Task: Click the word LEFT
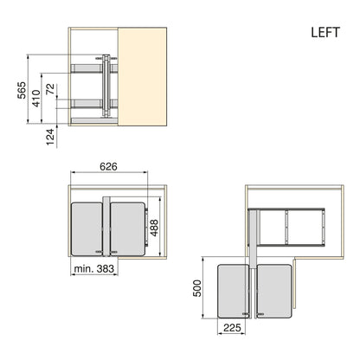tap(329, 33)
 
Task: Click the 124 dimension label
tap(51, 135)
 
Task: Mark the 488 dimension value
tap(155, 227)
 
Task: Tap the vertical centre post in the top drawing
tap(106, 87)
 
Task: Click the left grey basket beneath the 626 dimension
tap(86, 227)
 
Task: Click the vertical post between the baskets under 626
tap(106, 227)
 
